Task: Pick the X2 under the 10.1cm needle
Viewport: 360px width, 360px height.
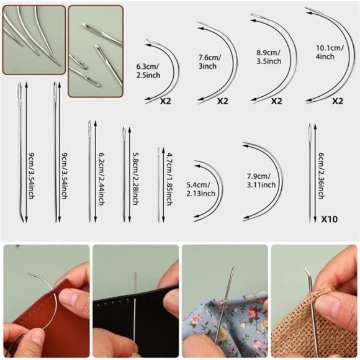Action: [x=338, y=100]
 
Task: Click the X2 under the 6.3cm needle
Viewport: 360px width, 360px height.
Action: [x=166, y=100]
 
